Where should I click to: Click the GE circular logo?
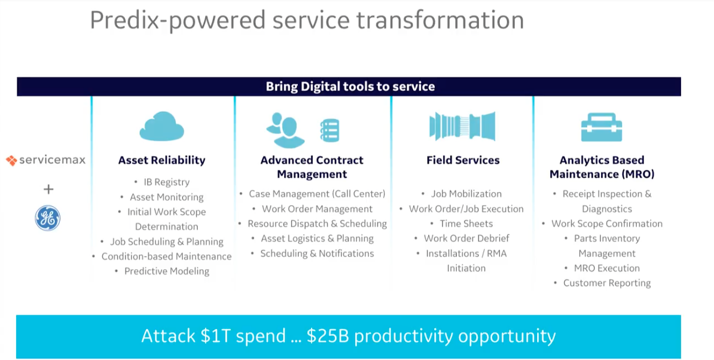click(47, 218)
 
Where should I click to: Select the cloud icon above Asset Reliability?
click(161, 126)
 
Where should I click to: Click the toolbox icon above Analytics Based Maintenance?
click(602, 127)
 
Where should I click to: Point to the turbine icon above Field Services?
click(462, 126)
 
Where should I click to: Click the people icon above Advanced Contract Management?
click(285, 130)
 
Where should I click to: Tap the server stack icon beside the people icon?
click(329, 130)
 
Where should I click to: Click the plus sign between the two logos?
click(48, 190)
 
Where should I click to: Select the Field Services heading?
click(463, 160)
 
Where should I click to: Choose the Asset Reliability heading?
click(161, 160)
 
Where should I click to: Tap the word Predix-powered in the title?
click(178, 20)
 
